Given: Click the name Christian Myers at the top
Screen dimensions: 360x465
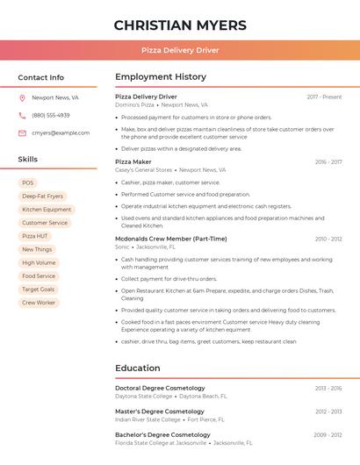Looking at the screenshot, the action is [x=180, y=25].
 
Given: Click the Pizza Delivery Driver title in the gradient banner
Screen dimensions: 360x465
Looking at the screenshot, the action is [x=180, y=51].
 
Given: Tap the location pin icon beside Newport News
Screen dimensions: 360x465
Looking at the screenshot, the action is [x=22, y=98].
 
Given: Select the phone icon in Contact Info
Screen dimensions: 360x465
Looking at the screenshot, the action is [x=22, y=116].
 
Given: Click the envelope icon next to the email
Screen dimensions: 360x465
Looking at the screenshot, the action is [x=22, y=133].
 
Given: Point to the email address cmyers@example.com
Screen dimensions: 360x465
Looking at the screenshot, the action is [x=61, y=133].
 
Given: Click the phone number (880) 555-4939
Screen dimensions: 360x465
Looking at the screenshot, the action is [x=51, y=116].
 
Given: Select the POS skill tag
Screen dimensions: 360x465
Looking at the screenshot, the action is [x=28, y=183].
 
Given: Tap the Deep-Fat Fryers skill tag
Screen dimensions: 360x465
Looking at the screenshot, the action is [x=42, y=197].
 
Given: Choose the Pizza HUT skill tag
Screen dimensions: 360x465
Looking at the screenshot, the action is [x=35, y=236].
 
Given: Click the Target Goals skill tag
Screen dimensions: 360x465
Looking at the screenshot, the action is [x=38, y=290].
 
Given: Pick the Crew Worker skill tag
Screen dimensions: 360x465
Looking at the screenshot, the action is [x=39, y=303].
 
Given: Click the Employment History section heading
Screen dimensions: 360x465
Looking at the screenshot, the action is [x=161, y=77].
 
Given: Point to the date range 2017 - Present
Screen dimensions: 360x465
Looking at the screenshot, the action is [x=324, y=97].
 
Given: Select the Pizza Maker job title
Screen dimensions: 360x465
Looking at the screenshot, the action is [x=133, y=162].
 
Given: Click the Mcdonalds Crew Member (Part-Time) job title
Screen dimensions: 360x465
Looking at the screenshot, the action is [x=171, y=239].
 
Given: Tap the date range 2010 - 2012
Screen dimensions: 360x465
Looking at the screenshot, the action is [x=328, y=239].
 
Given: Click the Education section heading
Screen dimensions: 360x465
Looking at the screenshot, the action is [x=138, y=368].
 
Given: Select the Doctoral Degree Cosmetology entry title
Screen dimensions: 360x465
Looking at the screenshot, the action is [x=160, y=388].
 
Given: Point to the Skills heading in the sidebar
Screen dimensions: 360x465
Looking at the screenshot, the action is [x=28, y=160].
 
